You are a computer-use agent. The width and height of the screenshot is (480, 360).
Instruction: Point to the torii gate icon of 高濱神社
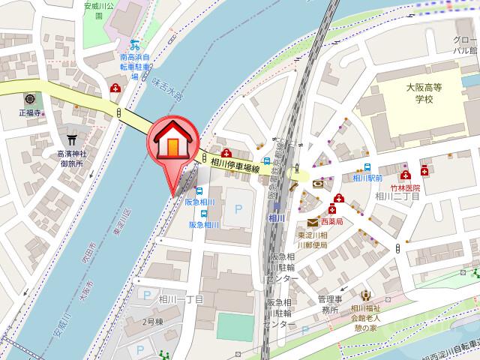click(x=73, y=139)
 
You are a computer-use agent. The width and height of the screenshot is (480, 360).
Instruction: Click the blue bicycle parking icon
click(x=135, y=43)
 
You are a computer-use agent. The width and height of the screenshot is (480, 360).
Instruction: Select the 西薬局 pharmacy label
click(x=331, y=222)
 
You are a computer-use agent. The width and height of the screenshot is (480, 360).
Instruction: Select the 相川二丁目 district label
click(x=391, y=196)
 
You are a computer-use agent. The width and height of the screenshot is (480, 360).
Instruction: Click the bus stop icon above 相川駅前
click(x=367, y=167)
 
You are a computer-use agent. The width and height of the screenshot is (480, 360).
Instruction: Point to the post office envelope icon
click(x=312, y=221)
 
